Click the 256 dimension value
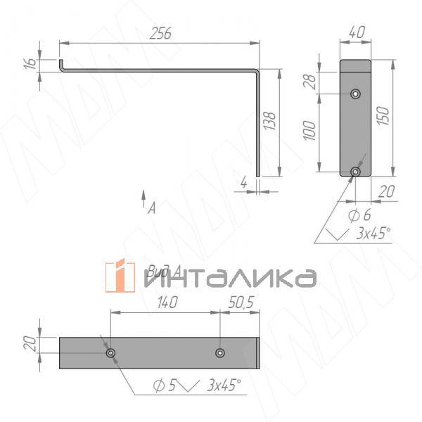[x=161, y=33]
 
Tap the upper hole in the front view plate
[x=356, y=93]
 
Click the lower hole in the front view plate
[x=356, y=171]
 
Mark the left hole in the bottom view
[x=110, y=353]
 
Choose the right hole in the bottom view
[x=220, y=353]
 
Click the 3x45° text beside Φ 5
[x=224, y=385]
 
